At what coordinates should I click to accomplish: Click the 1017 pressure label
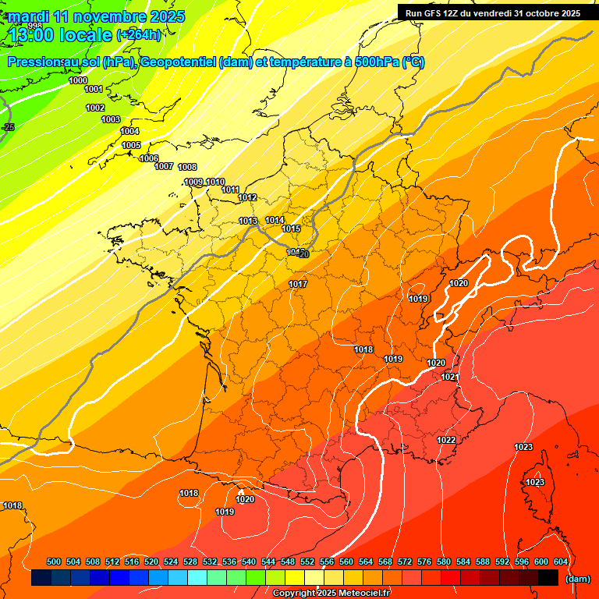pos(298,284)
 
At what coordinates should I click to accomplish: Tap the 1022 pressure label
pos(446,441)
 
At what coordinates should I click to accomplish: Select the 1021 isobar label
pos(450,377)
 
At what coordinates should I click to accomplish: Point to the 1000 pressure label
pos(78,81)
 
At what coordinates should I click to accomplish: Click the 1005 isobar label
pos(131,146)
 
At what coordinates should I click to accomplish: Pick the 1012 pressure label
pos(248,198)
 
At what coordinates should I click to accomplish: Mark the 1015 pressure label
pos(292,229)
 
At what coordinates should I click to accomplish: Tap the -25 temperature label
pos(9,127)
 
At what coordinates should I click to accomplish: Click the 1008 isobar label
pos(187,168)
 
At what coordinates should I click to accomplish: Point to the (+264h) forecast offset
pos(139,35)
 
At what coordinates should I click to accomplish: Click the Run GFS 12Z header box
pos(493,13)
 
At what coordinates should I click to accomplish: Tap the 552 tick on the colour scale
pos(307,562)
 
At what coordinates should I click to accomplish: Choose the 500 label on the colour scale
pos(54,562)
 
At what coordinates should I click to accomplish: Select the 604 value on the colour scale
pos(561,562)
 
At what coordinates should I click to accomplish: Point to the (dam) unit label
pos(577,579)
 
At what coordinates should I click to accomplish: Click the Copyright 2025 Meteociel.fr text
pos(331,594)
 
